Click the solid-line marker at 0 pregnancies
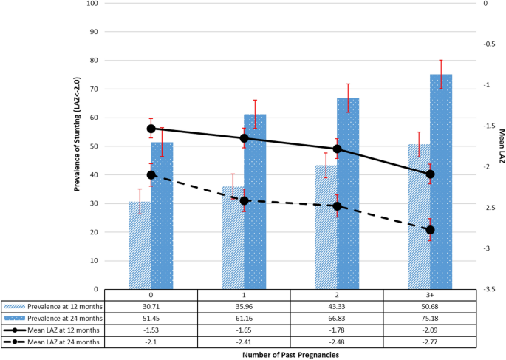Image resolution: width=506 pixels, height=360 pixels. [x=151, y=129]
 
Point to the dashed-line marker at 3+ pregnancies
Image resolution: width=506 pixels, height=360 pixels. [x=430, y=230]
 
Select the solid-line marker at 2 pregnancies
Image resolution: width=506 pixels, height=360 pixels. [x=338, y=149]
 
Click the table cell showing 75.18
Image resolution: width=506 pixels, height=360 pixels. [x=430, y=318]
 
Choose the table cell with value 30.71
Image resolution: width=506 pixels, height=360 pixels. [x=151, y=306]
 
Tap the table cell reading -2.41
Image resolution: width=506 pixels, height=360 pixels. [x=245, y=342]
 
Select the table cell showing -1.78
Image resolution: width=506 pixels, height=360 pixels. [x=338, y=330]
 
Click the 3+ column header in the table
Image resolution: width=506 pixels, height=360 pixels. [x=430, y=295]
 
